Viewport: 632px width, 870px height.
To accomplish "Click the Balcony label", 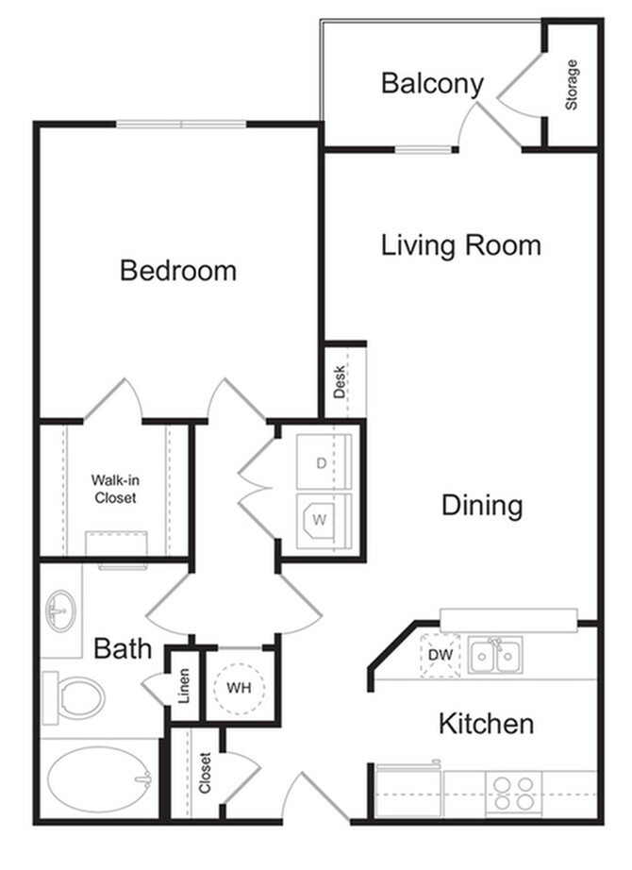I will point(432,83).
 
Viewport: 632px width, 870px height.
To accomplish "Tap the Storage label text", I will point(572,85).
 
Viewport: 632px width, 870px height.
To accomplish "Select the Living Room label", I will point(461,245).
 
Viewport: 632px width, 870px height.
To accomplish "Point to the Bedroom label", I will point(178,271).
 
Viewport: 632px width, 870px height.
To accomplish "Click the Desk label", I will point(339,382).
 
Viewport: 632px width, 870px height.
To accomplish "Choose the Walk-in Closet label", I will point(113,488).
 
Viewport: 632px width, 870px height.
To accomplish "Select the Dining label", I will point(482,505).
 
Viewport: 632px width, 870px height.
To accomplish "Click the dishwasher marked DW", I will point(439,654).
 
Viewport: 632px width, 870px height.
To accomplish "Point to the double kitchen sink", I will point(495,654).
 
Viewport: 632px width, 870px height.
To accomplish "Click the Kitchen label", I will point(486,724).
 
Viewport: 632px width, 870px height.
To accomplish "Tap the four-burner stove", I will point(511,793).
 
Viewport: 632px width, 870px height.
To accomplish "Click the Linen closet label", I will point(185,685).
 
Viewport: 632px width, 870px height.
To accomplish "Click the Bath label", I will point(123,648).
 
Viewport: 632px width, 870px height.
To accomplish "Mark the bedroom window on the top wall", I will point(181,124).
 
